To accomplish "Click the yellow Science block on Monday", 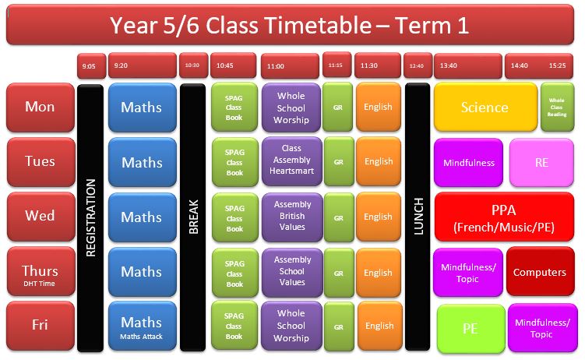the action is [485, 107].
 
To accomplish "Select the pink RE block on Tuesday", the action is [541, 162].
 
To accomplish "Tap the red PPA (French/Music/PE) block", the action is [504, 217].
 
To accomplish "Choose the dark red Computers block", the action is [541, 272].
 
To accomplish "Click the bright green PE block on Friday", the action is [470, 328].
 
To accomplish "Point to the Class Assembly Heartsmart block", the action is [292, 161].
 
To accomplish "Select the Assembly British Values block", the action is [292, 217].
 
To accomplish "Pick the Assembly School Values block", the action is [292, 272].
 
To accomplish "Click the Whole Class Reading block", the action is [557, 107].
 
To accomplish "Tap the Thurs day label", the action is [41, 271].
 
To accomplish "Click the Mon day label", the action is [41, 108].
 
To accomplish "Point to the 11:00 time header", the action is [290, 66].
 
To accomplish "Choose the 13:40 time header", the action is [468, 65].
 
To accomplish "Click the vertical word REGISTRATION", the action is [90, 218].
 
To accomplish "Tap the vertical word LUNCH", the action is [418, 217].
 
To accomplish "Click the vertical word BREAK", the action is [193, 217].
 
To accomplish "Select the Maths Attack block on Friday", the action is [142, 326].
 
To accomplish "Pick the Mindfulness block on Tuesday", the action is [469, 162].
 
